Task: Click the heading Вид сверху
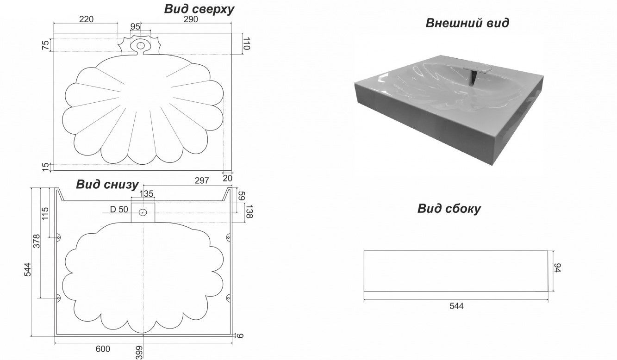pos(199,9)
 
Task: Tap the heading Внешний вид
pos(467,23)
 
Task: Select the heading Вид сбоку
pos(449,209)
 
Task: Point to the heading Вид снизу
pos(107,185)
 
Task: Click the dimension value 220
pos(87,19)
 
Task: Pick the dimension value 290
pos(191,19)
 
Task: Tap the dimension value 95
pos(135,27)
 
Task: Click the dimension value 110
pos(247,44)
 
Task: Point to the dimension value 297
pos(201,180)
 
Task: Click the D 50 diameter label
pos(119,210)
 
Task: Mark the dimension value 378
pos(37,241)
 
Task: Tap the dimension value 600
pos(103,349)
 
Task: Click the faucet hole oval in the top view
pos(140,45)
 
